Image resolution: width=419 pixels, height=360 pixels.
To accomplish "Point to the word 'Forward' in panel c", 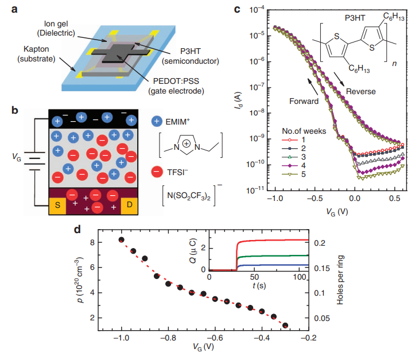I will tap(304, 101).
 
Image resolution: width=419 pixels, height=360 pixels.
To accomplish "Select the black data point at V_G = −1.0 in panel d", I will tap(121, 239).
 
